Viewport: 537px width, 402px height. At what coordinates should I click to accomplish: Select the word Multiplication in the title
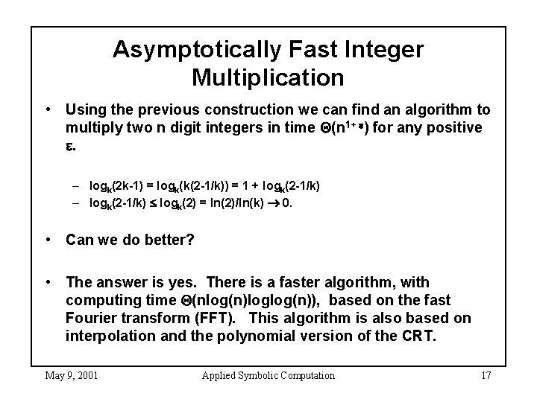[268, 77]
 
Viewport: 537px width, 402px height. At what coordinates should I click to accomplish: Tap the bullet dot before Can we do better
[48, 240]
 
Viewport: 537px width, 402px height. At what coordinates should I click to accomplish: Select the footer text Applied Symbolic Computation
[268, 375]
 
